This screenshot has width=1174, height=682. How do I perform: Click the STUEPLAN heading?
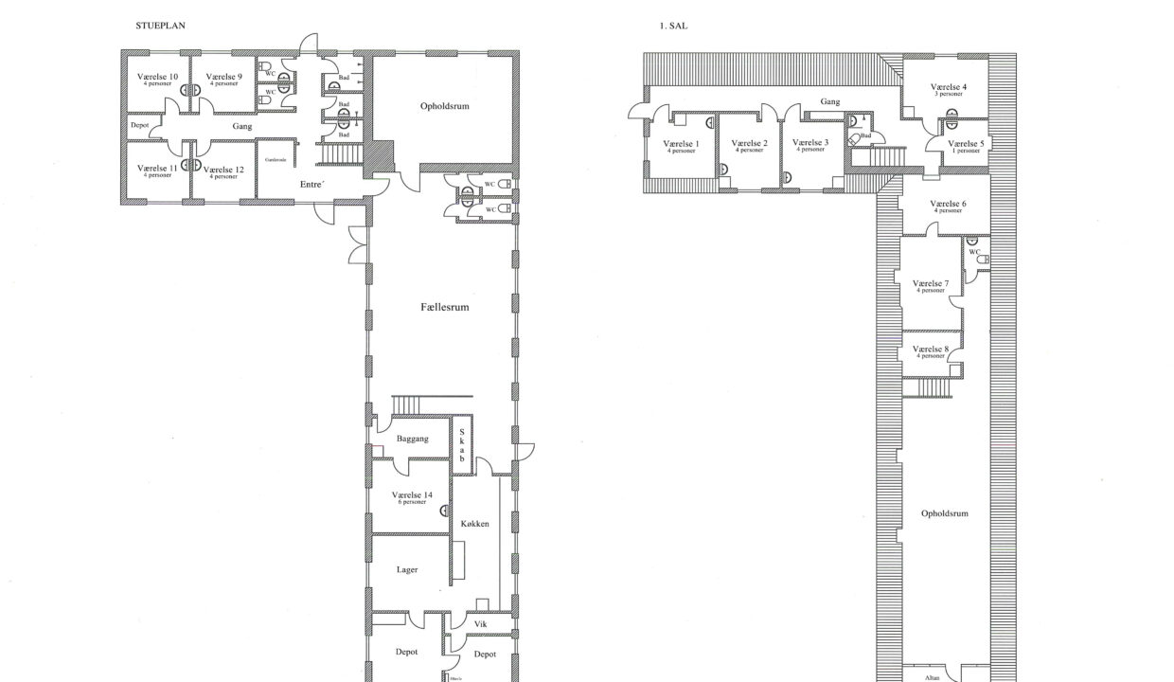[x=160, y=26]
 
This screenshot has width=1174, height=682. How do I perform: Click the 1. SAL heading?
[x=673, y=26]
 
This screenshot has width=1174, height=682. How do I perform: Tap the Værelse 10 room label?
[x=157, y=77]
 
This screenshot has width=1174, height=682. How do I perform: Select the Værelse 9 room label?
[x=223, y=77]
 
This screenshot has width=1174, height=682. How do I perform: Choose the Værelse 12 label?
[x=223, y=170]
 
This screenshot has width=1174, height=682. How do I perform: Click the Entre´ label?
[x=312, y=184]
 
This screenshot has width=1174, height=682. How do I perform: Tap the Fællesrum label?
[x=445, y=308]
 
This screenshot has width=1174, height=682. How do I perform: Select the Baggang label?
[x=412, y=439]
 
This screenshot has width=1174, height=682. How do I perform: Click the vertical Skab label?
[x=462, y=441]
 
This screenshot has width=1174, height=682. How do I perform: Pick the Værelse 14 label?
[x=412, y=495]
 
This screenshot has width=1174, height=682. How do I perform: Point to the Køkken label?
[x=474, y=524]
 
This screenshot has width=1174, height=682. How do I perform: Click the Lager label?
[x=407, y=569]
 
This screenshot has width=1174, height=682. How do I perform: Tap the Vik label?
[x=480, y=624]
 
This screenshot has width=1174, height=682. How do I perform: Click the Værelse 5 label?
[x=966, y=144]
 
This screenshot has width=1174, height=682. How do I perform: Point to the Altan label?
[x=934, y=677]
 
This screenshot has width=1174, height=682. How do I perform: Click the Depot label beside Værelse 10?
[x=139, y=125]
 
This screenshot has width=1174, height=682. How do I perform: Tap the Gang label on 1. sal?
[x=829, y=101]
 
